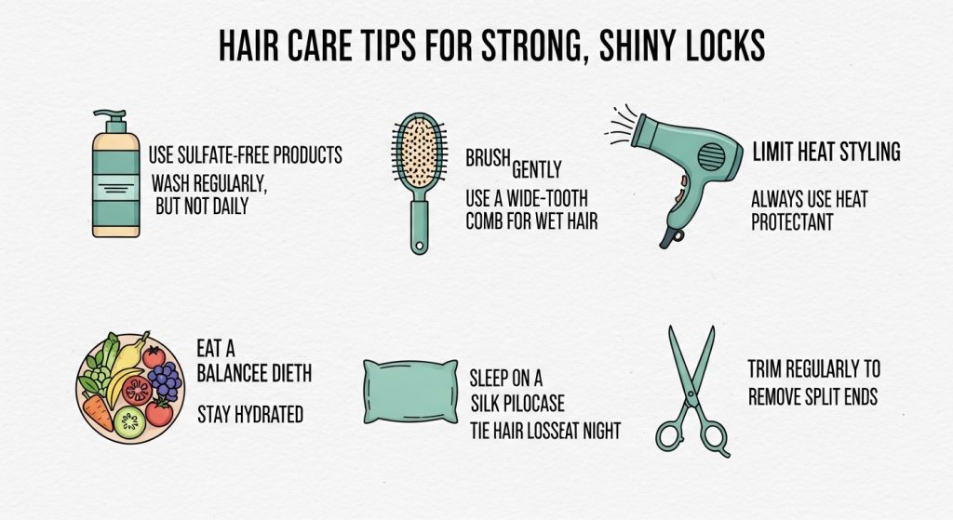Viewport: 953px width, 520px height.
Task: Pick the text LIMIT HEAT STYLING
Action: click(x=825, y=152)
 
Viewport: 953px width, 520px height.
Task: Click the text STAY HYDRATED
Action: click(x=250, y=414)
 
